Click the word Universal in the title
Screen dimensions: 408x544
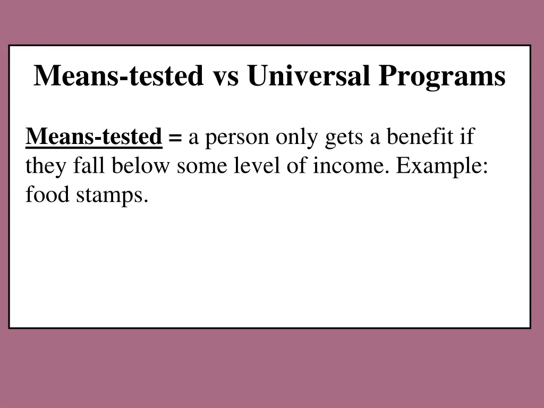(309, 75)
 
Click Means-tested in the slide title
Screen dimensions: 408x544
(118, 75)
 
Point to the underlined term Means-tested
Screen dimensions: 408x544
(94, 137)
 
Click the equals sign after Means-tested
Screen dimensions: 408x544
(175, 138)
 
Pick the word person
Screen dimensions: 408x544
(237, 138)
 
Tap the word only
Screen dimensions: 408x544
(296, 138)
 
